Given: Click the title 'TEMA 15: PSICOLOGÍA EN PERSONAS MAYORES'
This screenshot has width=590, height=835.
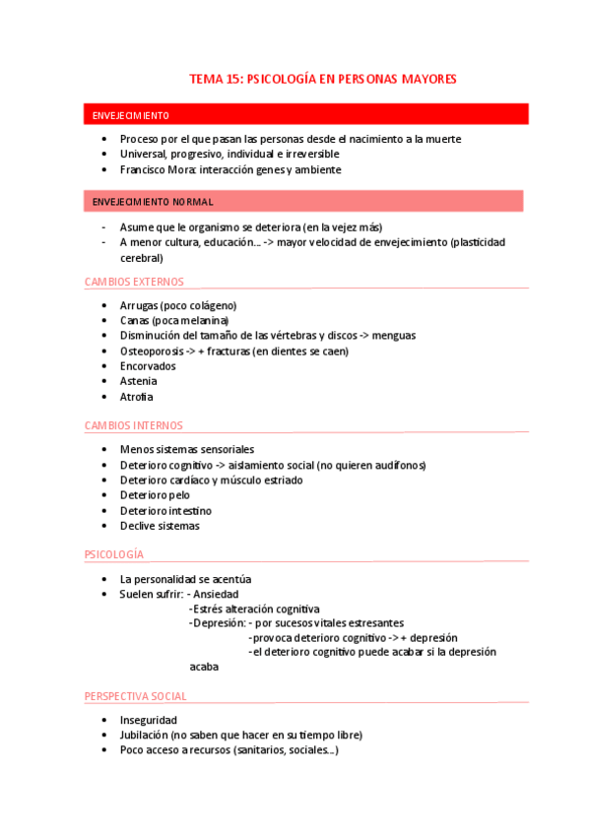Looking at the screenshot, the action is pos(322,79).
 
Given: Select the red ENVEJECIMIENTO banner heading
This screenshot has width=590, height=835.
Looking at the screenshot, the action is pos(130,115).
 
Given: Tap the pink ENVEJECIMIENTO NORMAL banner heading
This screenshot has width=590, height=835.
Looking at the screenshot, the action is pos(153,202).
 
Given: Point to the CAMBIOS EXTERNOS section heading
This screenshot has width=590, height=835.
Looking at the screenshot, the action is pos(134,282).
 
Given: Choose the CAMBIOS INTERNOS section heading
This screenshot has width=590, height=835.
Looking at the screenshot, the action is pos(134,425).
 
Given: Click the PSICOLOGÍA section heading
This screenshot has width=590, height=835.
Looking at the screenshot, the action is pos(114,554).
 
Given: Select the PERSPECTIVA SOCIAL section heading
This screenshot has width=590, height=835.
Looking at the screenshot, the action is pos(136,696).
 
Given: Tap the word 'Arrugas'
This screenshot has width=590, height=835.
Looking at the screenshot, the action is pos(139,305).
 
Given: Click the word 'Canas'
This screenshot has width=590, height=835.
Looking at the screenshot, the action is pos(135,320).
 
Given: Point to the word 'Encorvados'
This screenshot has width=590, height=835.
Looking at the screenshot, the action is pos(147,365).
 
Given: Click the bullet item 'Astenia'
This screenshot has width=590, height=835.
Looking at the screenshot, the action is pos(138,381).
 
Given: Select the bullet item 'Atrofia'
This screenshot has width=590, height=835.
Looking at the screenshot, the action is pos(136,397).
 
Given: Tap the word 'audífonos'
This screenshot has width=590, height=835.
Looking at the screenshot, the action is pos(398,465).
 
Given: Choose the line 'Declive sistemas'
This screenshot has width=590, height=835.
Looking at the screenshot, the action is pos(159,526).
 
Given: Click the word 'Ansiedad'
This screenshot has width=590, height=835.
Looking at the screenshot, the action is pos(216,595).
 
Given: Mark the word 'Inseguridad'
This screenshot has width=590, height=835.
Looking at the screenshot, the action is pos(148,720).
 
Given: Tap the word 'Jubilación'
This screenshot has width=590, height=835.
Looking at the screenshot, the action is pos(144,735).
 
